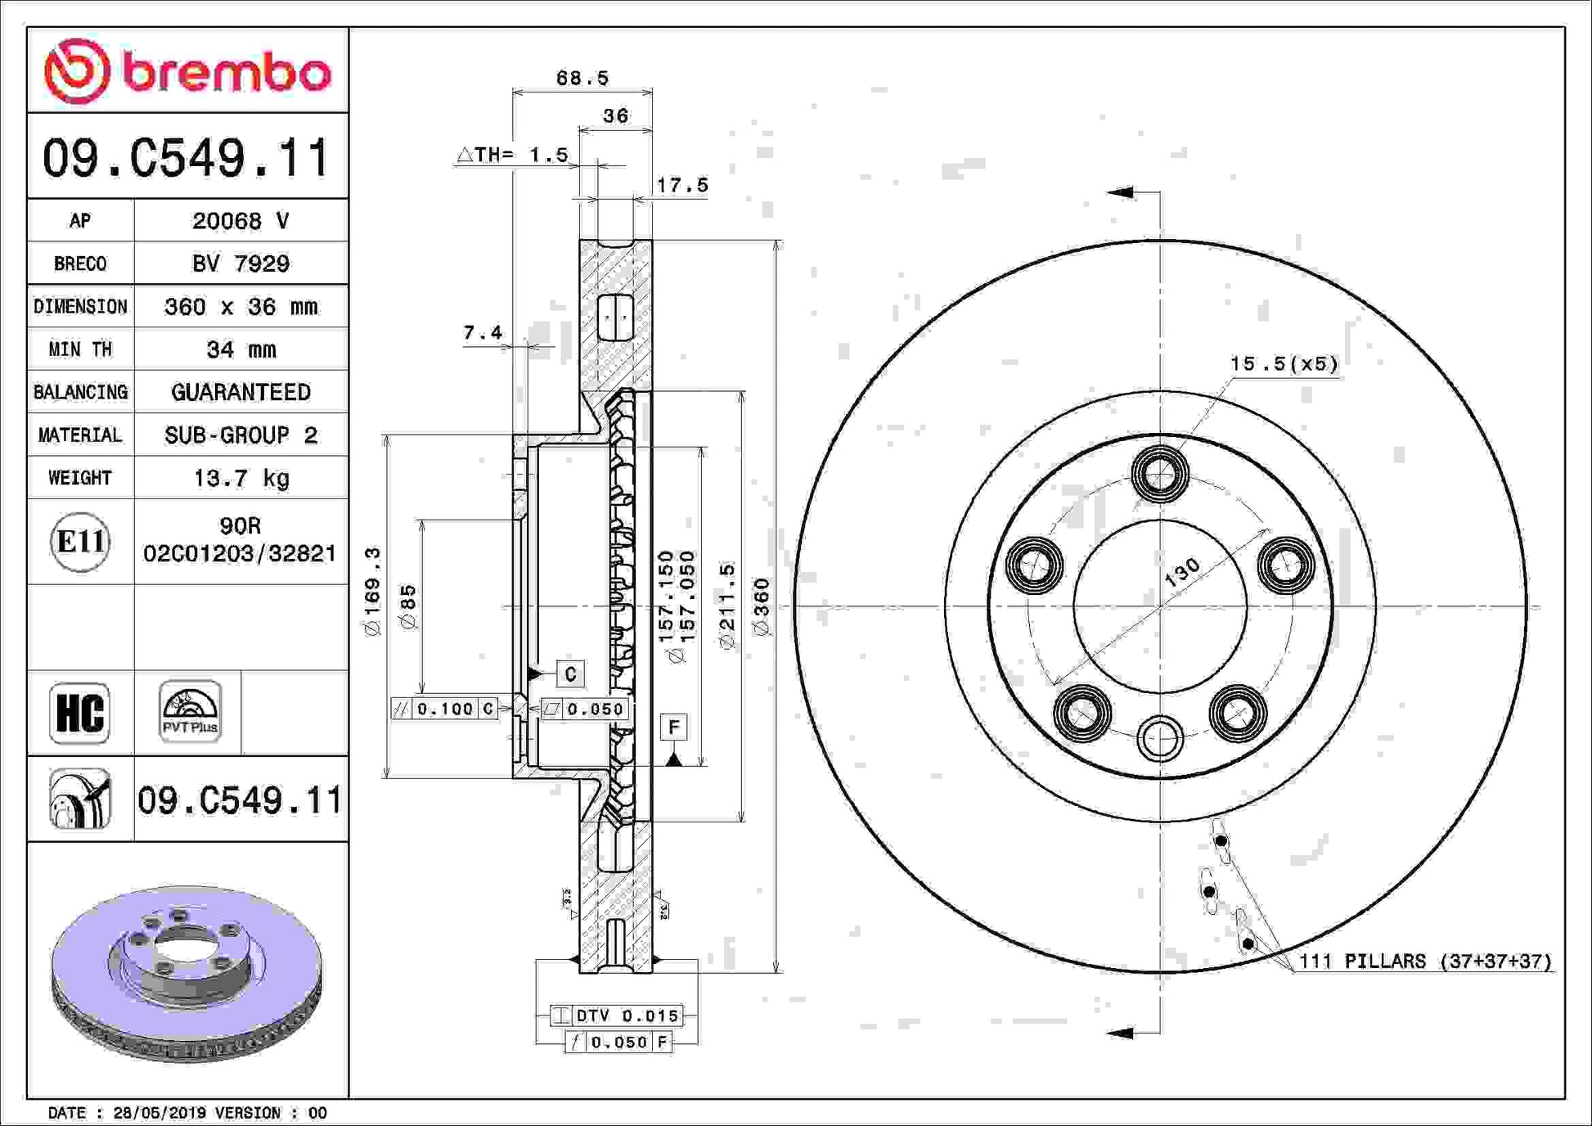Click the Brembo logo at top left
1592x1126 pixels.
coord(187,71)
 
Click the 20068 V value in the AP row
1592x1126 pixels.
coord(241,220)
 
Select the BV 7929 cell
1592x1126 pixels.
coord(241,263)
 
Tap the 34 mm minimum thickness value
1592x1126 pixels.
coord(241,349)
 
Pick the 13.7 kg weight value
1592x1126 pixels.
coord(241,477)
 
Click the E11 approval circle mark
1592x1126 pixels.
coord(80,541)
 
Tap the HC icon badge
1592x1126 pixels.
coord(79,713)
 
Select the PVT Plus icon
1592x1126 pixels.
coord(190,711)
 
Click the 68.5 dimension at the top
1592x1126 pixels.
coord(582,78)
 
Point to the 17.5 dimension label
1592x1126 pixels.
coord(682,185)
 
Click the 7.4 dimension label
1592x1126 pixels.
coord(483,332)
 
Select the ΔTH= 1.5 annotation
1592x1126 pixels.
coord(512,154)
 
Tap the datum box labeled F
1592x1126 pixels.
coord(673,727)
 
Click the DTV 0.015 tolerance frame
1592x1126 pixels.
coord(616,1016)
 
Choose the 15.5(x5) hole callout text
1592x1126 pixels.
coord(1284,363)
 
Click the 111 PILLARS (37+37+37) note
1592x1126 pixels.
coord(1425,961)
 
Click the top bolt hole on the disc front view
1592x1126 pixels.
coord(1160,473)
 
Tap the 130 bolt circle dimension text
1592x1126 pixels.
coord(1182,572)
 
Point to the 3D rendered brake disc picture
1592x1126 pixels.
coord(187,973)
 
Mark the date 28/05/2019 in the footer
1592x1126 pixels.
coord(160,1113)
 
